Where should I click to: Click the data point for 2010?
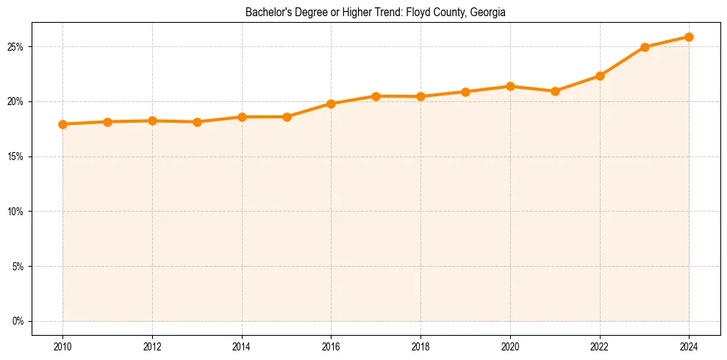(62, 124)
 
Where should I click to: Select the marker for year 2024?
(690, 37)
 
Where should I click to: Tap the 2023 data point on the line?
(645, 47)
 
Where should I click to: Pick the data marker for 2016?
(331, 104)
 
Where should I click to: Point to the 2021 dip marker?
(555, 91)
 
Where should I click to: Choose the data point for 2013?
(197, 122)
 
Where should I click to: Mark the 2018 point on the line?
(420, 96)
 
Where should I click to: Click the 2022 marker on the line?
(600, 76)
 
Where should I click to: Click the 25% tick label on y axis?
(15, 47)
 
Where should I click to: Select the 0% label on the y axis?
(18, 321)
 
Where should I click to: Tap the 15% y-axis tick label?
(15, 156)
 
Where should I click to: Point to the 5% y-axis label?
(18, 266)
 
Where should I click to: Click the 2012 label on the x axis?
(152, 347)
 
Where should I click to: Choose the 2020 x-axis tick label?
(510, 347)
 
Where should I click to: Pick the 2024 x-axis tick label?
(690, 347)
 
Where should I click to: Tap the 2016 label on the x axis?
(331, 347)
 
